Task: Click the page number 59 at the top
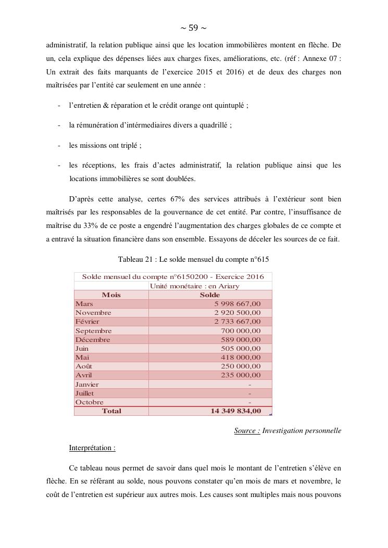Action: pos(193,28)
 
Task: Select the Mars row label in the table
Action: pos(84,304)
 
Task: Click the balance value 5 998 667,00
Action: pos(237,304)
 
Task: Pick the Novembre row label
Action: pos(93,313)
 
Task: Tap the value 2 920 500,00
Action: pos(237,313)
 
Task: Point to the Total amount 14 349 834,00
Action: pos(235,411)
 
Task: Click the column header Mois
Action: pos(111,295)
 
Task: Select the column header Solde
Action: pos(210,295)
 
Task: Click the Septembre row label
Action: pos(94,331)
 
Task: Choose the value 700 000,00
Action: pos(241,331)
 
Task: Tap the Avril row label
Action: pos(84,375)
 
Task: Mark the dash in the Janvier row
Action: pos(250,385)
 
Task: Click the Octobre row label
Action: pos(90,402)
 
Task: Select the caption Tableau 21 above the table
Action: pos(193,259)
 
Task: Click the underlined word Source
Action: pos(247,431)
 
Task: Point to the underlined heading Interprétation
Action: pos(92,448)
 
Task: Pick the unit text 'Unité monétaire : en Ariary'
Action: pos(194,286)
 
